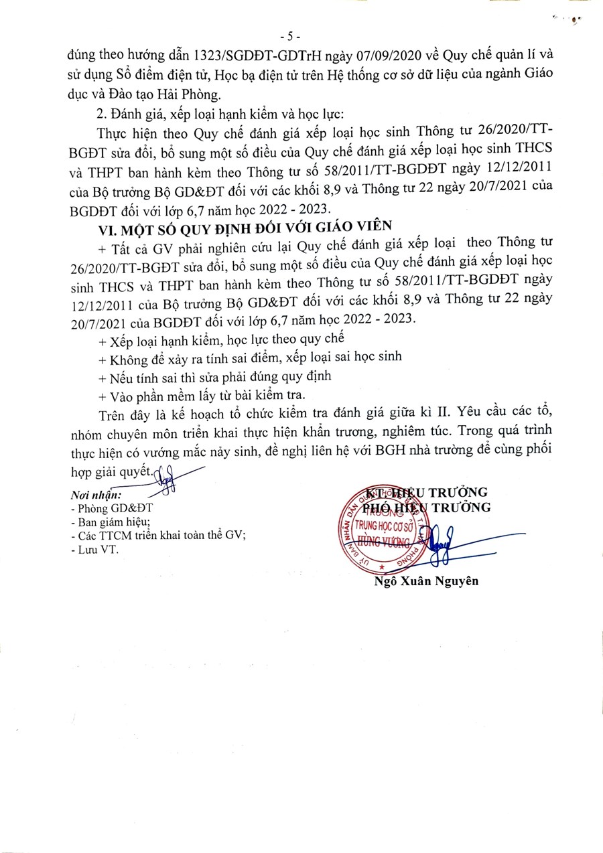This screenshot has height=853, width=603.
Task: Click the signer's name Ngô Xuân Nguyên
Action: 427,581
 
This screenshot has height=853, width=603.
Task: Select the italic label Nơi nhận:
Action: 95,495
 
